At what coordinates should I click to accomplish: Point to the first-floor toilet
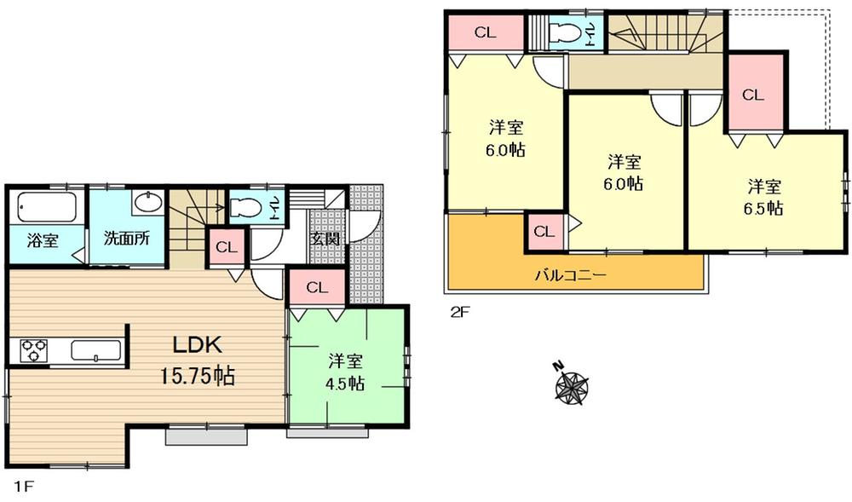[247, 207]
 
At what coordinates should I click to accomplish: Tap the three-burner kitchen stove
[33, 350]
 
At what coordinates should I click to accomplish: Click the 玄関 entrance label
[325, 239]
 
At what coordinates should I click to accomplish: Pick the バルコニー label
[570, 275]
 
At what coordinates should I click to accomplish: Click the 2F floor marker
[459, 312]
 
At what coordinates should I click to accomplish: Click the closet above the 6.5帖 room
[752, 95]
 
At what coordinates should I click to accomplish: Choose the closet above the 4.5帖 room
[317, 288]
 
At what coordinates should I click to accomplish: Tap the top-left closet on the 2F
[485, 33]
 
